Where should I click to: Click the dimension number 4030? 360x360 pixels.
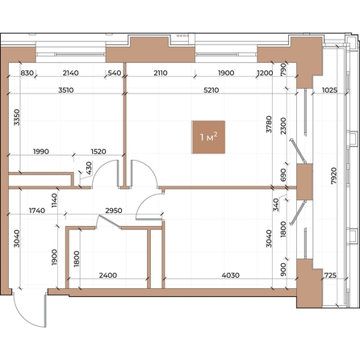[x=231, y=275]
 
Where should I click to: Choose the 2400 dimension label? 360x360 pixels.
[x=108, y=275]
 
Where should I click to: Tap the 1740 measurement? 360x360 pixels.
[x=37, y=211]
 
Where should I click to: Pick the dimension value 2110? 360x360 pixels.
[x=159, y=73]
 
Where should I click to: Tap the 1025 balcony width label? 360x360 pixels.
[x=329, y=90]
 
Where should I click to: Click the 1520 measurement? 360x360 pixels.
[x=99, y=152]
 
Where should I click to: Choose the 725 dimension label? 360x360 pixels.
[x=331, y=275]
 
